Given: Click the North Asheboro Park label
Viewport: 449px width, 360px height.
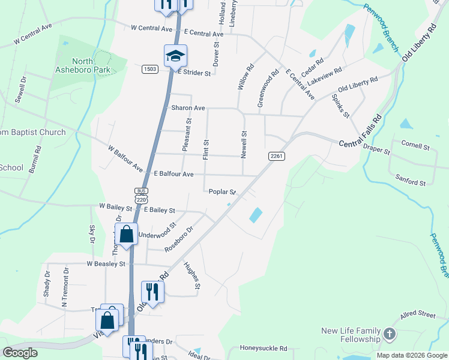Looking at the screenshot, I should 91,65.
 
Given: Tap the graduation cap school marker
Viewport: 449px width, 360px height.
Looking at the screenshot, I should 175,56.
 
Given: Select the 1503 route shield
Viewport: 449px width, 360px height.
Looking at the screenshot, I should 150,70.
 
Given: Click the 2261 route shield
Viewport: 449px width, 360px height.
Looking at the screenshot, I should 276,156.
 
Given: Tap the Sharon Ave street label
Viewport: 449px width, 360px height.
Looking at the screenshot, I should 188,108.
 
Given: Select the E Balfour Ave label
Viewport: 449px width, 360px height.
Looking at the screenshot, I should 173,174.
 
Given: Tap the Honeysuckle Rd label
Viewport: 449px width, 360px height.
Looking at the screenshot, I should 264,348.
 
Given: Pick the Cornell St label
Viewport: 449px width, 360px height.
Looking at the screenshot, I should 415,146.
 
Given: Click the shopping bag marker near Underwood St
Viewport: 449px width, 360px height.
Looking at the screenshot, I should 127,234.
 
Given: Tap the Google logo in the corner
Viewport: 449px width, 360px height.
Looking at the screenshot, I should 20,353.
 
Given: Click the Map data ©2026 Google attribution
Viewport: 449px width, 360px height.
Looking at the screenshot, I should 411,355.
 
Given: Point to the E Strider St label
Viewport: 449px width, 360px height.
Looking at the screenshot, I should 194,73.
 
